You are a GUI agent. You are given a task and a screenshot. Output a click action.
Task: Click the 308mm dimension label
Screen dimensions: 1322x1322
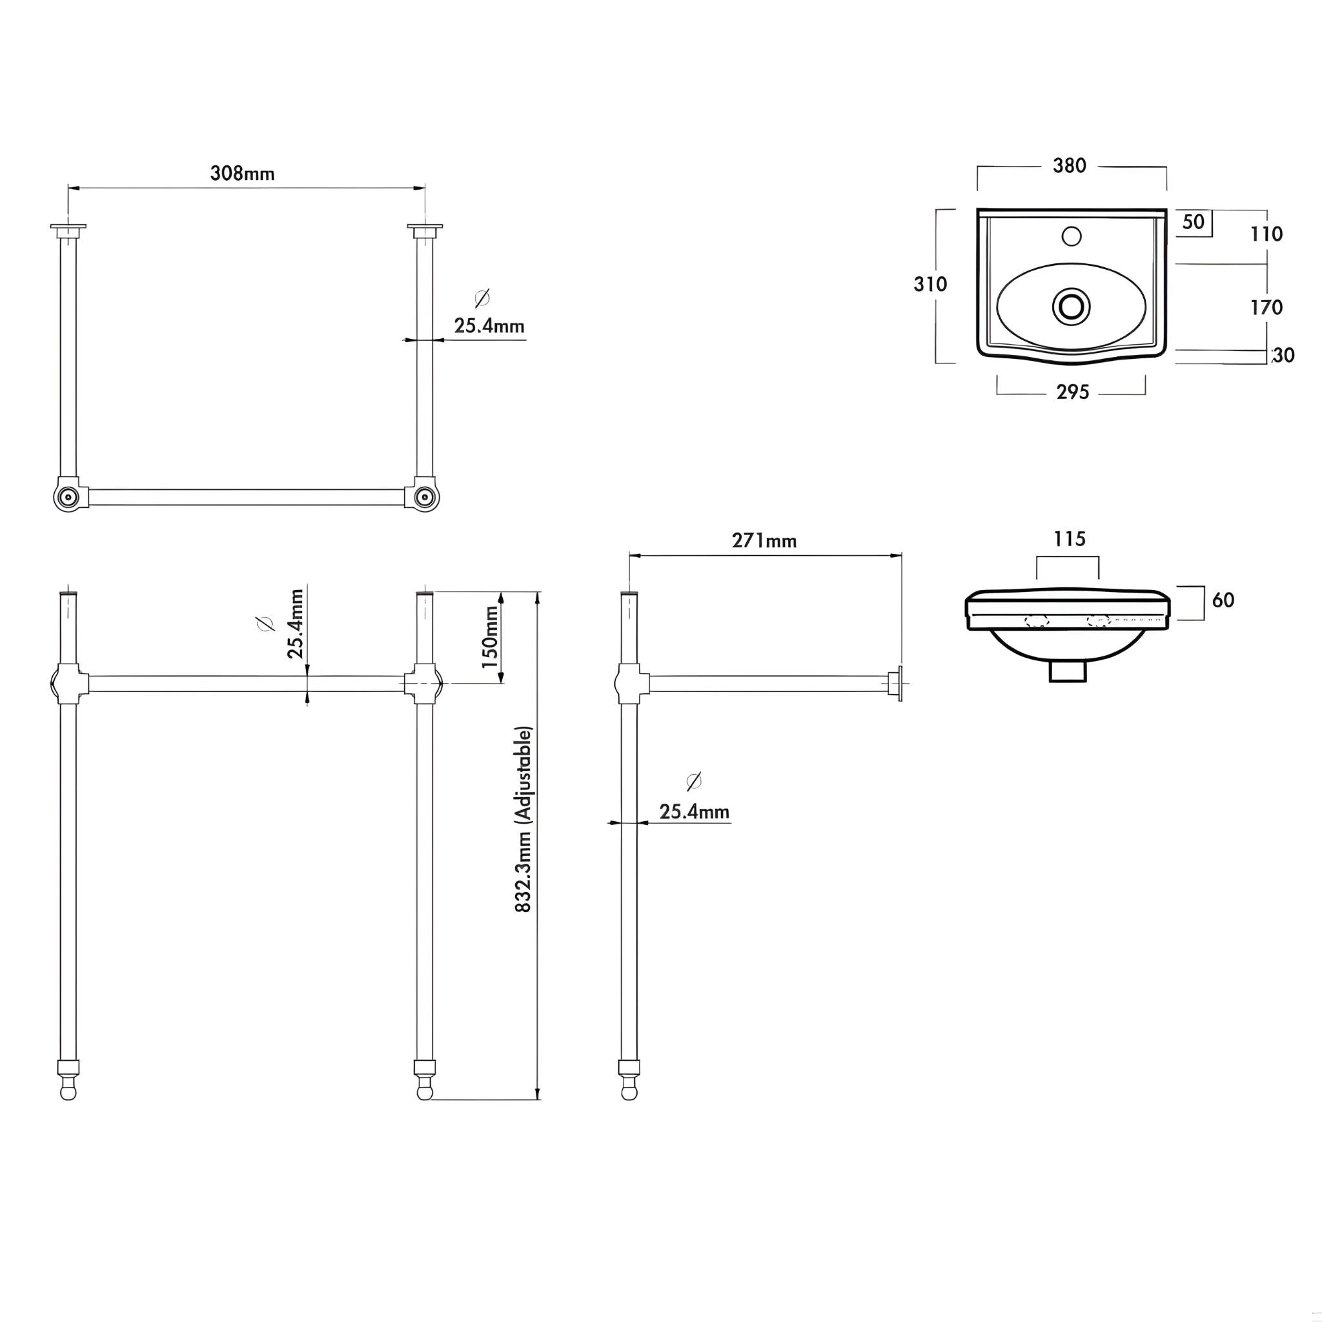coord(242,174)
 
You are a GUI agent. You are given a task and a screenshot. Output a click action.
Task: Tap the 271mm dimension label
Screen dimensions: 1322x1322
coord(764,540)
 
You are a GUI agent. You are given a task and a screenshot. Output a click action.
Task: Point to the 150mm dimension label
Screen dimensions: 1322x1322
coord(490,637)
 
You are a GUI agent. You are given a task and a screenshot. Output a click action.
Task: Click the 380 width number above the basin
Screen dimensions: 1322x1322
coord(1070,166)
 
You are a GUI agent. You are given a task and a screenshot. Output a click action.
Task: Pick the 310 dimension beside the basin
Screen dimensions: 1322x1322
coord(931,284)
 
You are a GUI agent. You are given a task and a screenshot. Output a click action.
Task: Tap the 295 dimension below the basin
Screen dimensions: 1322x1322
coord(1072,392)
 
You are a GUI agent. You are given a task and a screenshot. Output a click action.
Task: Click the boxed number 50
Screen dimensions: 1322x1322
coord(1194,223)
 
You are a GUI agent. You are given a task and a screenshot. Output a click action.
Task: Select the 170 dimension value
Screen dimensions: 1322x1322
coord(1266,308)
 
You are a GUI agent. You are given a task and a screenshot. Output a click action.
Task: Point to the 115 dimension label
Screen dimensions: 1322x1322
coord(1070,539)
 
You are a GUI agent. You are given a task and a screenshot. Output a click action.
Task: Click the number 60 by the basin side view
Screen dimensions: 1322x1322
coord(1223,600)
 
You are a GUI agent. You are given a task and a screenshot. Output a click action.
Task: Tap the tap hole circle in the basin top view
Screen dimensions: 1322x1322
coord(1072,237)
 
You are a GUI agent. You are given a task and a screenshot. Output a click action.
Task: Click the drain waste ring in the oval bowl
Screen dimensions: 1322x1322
coord(1072,306)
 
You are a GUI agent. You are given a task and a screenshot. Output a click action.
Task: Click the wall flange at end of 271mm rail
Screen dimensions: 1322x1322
coord(897,684)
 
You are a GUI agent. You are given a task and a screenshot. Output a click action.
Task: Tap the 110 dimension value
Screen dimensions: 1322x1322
coord(1266,235)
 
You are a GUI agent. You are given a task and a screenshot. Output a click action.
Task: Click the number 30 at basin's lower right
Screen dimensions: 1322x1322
coord(1285,356)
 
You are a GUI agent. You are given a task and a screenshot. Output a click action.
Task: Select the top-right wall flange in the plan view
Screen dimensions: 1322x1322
coord(424,228)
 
